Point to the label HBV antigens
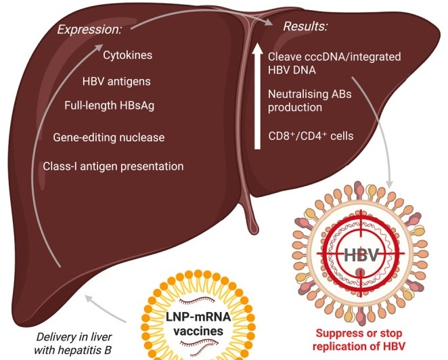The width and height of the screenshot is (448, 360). (x=116, y=82)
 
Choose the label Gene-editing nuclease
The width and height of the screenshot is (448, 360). (x=108, y=137)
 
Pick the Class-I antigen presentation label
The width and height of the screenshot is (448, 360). (x=113, y=166)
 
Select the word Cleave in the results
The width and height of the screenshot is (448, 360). (x=284, y=58)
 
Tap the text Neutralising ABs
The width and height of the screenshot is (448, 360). (x=307, y=93)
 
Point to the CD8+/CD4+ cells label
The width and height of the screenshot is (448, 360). (x=301, y=135)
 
